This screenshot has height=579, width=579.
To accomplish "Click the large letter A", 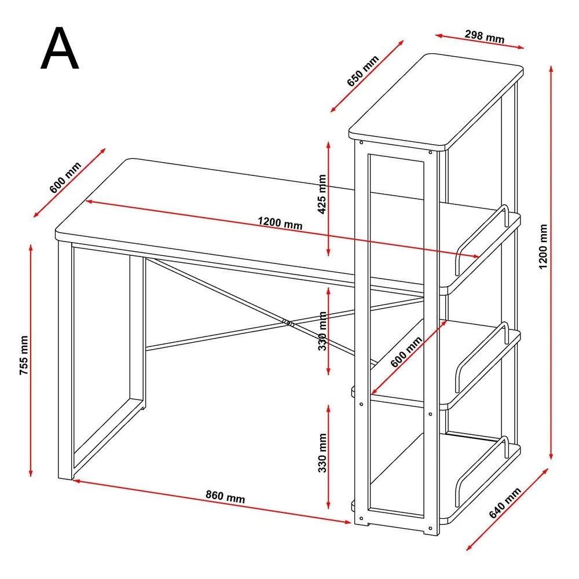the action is [x=60, y=48].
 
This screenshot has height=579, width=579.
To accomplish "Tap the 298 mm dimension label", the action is [x=485, y=36].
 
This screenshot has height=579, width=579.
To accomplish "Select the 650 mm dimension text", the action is [x=363, y=71].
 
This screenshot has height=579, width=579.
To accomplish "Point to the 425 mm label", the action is [x=322, y=194].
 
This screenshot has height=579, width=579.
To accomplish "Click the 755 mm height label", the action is [x=24, y=356].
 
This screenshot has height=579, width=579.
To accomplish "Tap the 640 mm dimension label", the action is [x=505, y=503].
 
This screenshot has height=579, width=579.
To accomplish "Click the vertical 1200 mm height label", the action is [x=543, y=246].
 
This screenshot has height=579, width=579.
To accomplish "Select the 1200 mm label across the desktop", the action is [x=280, y=223].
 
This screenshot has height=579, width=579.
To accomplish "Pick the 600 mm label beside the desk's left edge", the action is [x=65, y=177].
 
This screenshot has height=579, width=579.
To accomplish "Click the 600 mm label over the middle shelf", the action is [x=406, y=351].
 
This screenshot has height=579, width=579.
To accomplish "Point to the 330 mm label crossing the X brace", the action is [x=323, y=331].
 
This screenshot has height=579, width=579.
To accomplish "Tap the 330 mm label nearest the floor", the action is [x=323, y=453].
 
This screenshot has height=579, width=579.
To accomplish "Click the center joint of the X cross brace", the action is [x=288, y=323].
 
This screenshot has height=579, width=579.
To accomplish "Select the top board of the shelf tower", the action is [x=436, y=102].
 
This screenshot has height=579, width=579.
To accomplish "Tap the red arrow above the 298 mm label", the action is [x=479, y=41].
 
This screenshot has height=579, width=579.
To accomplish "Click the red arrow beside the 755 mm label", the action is [x=31, y=360].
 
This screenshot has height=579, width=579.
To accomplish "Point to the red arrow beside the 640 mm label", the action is [x=507, y=509].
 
